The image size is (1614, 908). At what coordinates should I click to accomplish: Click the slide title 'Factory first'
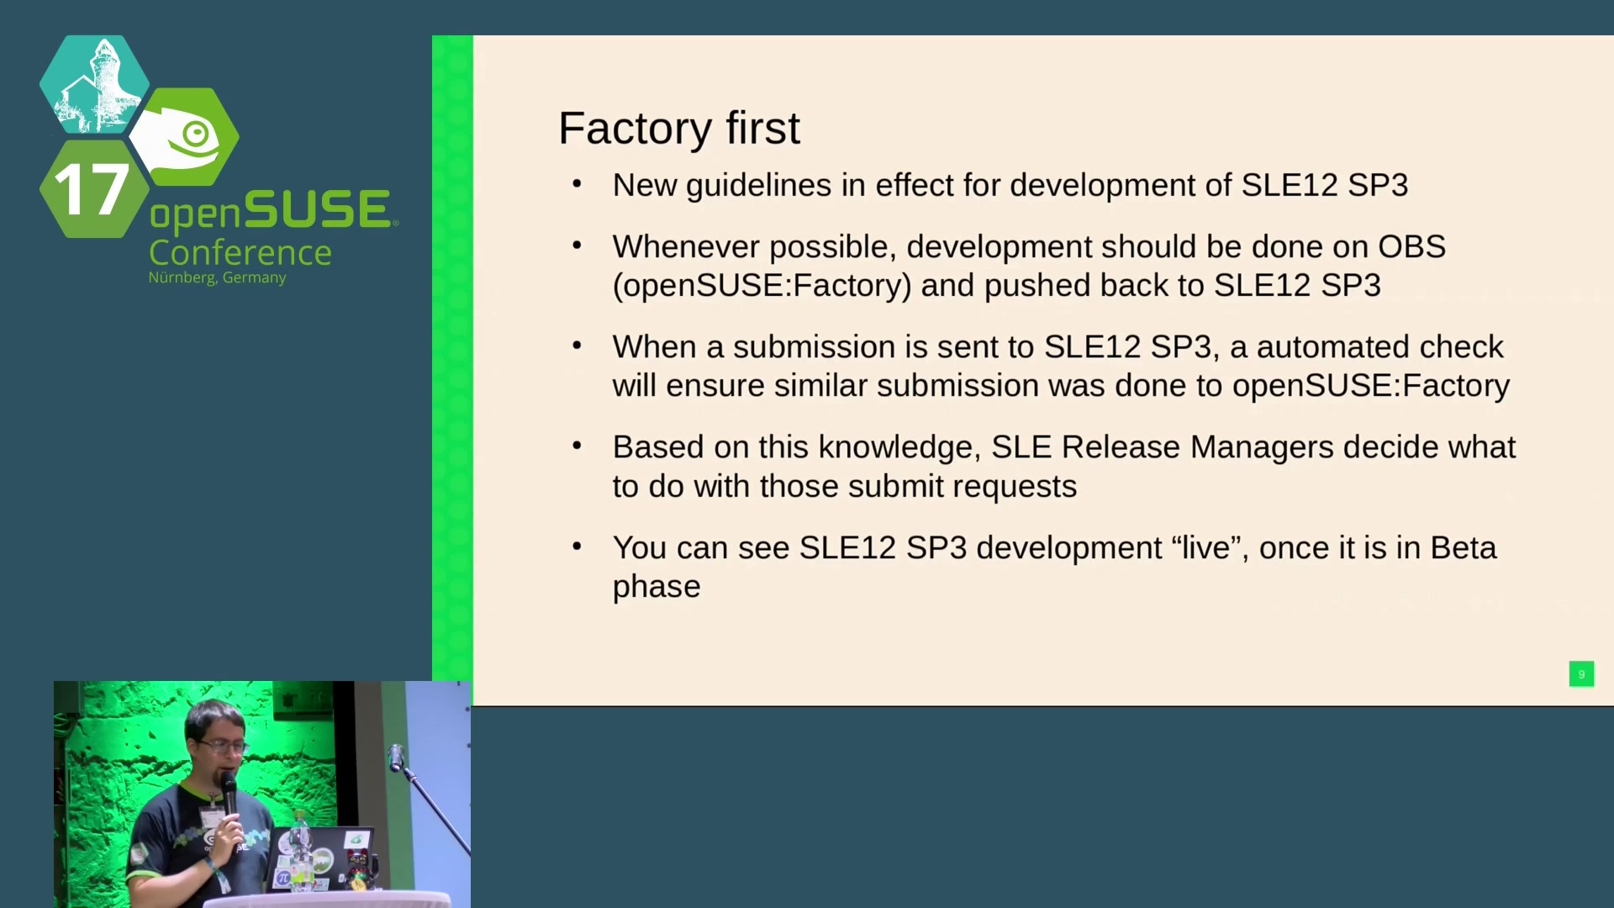point(679,129)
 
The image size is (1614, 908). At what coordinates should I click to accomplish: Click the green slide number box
point(1581,673)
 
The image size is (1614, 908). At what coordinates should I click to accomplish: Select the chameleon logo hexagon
point(185,136)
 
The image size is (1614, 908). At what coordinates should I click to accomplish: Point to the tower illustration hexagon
point(94,84)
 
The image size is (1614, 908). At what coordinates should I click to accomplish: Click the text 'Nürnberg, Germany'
point(217,277)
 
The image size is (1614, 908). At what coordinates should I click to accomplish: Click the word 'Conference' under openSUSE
point(240,252)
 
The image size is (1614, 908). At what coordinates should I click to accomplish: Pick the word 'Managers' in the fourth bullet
point(1262,448)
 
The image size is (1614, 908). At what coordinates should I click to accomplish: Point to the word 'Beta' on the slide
point(1464,547)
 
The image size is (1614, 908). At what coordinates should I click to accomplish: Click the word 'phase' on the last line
point(657,587)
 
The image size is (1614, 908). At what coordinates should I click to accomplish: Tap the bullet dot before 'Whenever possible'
point(577,245)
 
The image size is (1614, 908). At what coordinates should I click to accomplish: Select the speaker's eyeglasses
point(222,746)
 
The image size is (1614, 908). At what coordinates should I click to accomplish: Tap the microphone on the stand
point(396,757)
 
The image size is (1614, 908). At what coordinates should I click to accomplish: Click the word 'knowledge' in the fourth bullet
point(899,448)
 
